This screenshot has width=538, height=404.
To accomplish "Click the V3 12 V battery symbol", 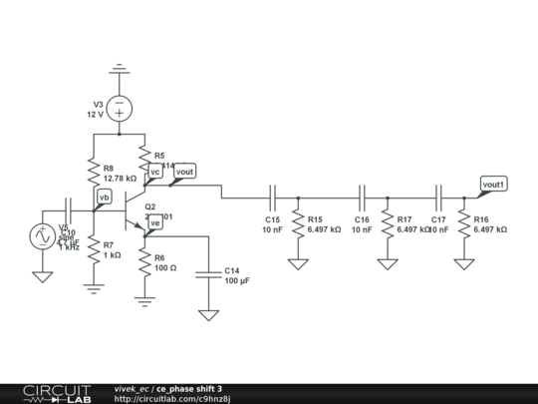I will point(119,106).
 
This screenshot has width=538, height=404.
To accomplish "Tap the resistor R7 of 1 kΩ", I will point(93,249).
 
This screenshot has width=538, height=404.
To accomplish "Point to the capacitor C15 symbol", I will point(271,198).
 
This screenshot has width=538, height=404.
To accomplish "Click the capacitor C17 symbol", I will point(438,198).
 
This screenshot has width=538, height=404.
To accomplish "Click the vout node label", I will point(184,172).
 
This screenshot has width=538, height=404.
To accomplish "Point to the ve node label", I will point(155,222).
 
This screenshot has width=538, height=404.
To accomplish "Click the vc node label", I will point(155,172).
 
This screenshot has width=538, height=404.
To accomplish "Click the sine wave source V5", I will point(42,236).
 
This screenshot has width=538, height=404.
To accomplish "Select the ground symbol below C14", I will point(208,314).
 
